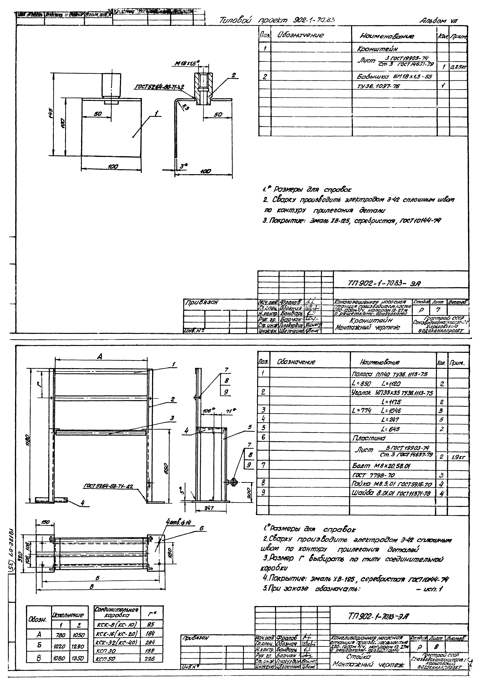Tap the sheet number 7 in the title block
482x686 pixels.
(x=438, y=309)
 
